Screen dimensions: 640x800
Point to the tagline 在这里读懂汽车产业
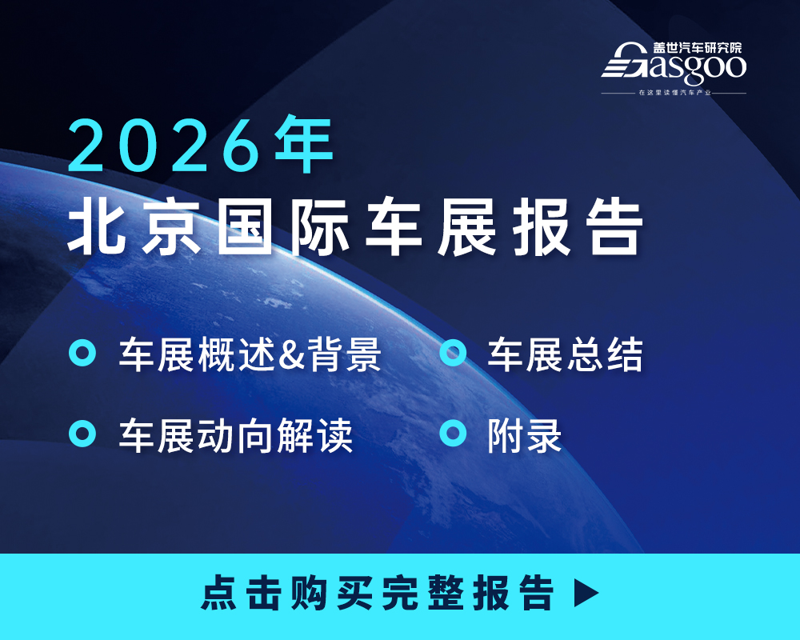point(674,94)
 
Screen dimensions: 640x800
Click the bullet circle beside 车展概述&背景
point(82,353)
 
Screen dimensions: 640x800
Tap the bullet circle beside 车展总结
point(454,353)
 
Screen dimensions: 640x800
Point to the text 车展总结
point(565,355)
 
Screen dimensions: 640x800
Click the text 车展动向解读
point(236,436)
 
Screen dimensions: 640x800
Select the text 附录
point(525,436)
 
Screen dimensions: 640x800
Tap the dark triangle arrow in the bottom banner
point(586,593)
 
